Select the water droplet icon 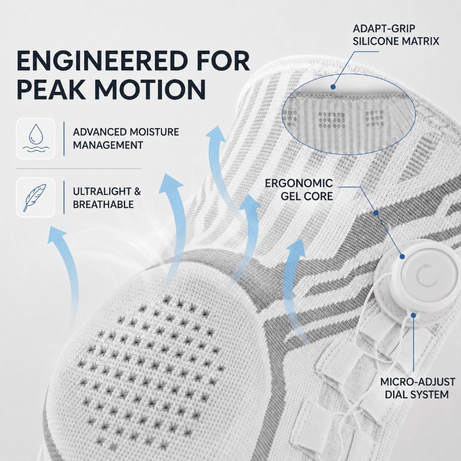(36, 138)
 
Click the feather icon (35, 198)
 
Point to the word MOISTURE (154, 132)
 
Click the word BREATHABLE (103, 205)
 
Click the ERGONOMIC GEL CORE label (299, 190)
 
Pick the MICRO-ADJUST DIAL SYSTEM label (417, 388)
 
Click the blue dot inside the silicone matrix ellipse (333, 87)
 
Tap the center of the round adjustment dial (422, 274)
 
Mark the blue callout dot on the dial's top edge (402, 256)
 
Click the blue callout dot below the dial (413, 315)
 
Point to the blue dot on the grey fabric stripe (376, 212)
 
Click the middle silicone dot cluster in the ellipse (332, 120)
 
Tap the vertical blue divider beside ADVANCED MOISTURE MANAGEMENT (64, 138)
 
